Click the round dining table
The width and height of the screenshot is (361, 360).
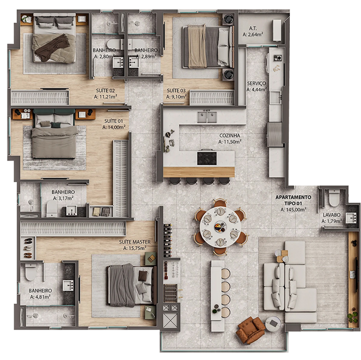coord(220,227)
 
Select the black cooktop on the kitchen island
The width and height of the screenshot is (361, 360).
coord(207,158)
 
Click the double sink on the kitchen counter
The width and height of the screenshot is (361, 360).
coord(207,117)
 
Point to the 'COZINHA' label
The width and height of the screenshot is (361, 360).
coord(230,136)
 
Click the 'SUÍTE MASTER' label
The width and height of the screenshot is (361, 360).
coord(135,242)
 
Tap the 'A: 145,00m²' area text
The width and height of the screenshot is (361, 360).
coord(293,209)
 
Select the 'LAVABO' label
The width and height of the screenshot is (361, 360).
coord(332,215)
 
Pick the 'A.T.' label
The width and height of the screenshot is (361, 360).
coord(253,29)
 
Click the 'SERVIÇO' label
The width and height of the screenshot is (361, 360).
coord(256,83)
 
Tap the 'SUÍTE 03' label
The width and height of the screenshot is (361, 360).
coord(176,90)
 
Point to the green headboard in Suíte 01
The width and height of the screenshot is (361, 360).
coord(55,111)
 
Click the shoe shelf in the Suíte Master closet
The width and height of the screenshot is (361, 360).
coord(28,248)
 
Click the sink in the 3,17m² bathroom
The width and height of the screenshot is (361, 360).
coord(72,210)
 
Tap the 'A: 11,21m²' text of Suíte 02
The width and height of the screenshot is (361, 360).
coord(106,97)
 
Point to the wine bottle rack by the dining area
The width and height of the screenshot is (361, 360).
coord(168,239)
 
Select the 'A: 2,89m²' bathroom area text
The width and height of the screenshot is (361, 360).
coord(146,56)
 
